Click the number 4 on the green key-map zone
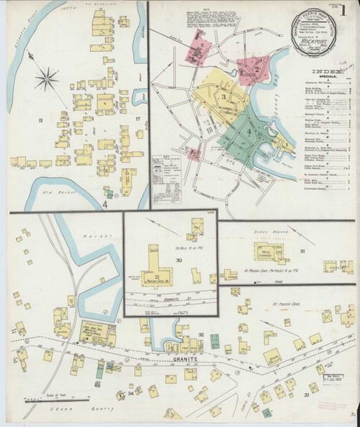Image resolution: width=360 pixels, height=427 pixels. [250, 131]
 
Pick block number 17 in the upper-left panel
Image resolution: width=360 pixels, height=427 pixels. [137, 120]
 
